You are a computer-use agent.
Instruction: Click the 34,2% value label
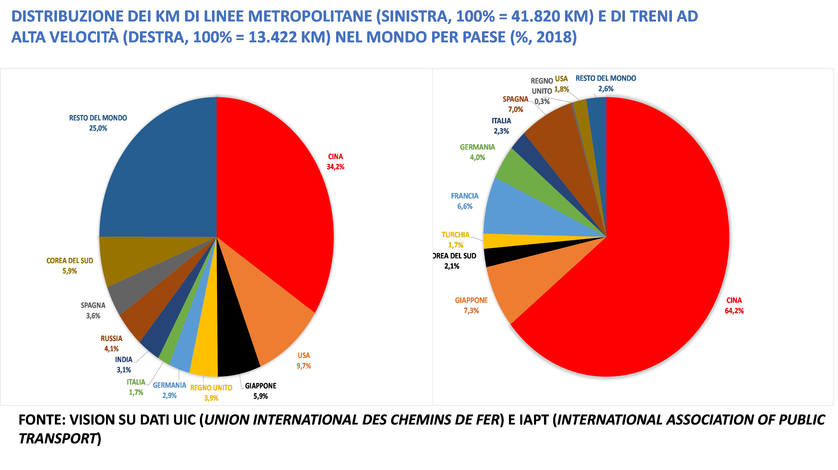coord(335,167)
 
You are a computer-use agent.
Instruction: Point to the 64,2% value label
coord(734,311)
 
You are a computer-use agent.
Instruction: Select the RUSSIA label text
coord(111,339)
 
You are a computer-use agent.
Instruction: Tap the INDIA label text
coord(124,359)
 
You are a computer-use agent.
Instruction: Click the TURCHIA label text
coord(456,235)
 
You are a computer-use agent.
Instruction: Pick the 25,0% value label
coord(98,128)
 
